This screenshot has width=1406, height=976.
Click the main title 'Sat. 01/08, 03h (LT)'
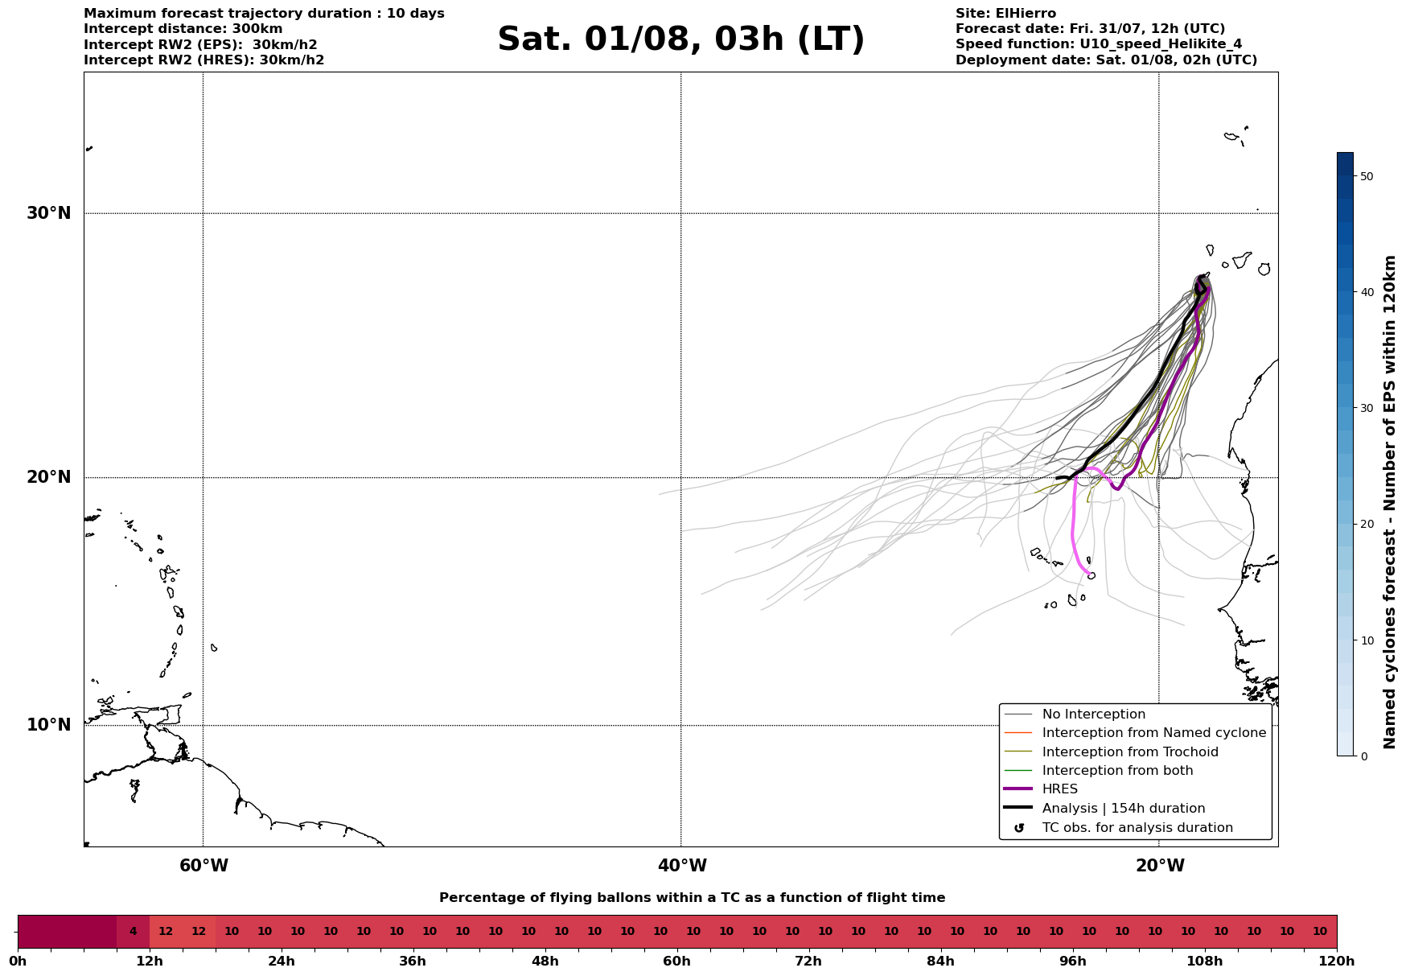coord(680,39)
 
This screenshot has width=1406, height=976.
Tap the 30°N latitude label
coord(49,213)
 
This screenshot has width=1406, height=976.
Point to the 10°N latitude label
coord(49,725)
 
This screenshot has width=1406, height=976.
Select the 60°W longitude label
coord(203,866)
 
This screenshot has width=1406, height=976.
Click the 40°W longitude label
coord(682,866)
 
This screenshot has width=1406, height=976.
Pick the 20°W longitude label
coord(1160,866)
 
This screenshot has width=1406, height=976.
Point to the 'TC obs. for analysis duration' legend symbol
coord(1019,828)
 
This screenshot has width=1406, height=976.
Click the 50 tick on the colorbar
coord(1366,176)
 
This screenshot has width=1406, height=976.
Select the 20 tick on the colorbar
coord(1366,524)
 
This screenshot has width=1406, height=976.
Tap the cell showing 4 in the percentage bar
coord(133,932)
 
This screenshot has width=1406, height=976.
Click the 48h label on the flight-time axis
coord(545,961)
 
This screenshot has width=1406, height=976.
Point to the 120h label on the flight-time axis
coord(1337,961)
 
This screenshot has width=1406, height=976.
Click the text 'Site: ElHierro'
coord(1005,14)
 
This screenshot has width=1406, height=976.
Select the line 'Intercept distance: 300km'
coord(183,29)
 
